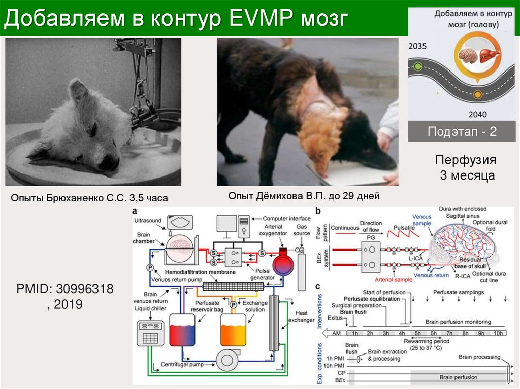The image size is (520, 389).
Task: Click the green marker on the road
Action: click(x=417, y=66)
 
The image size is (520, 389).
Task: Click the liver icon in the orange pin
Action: click(x=490, y=53)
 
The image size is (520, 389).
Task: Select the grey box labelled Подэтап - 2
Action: click(x=462, y=132)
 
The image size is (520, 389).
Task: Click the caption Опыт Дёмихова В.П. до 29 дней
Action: click(x=304, y=195)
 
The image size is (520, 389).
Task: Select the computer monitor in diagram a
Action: click(x=226, y=223)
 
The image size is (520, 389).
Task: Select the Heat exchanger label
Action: click(x=301, y=316)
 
